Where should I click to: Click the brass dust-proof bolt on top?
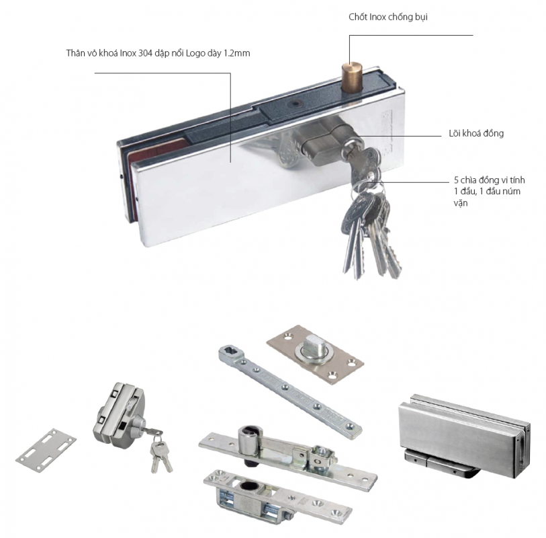tap(349, 77)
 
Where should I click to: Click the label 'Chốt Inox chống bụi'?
tap(388, 17)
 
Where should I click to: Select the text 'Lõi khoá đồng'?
tap(476, 134)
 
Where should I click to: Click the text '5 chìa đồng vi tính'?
tap(488, 181)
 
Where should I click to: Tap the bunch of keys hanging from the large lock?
tap(366, 229)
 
